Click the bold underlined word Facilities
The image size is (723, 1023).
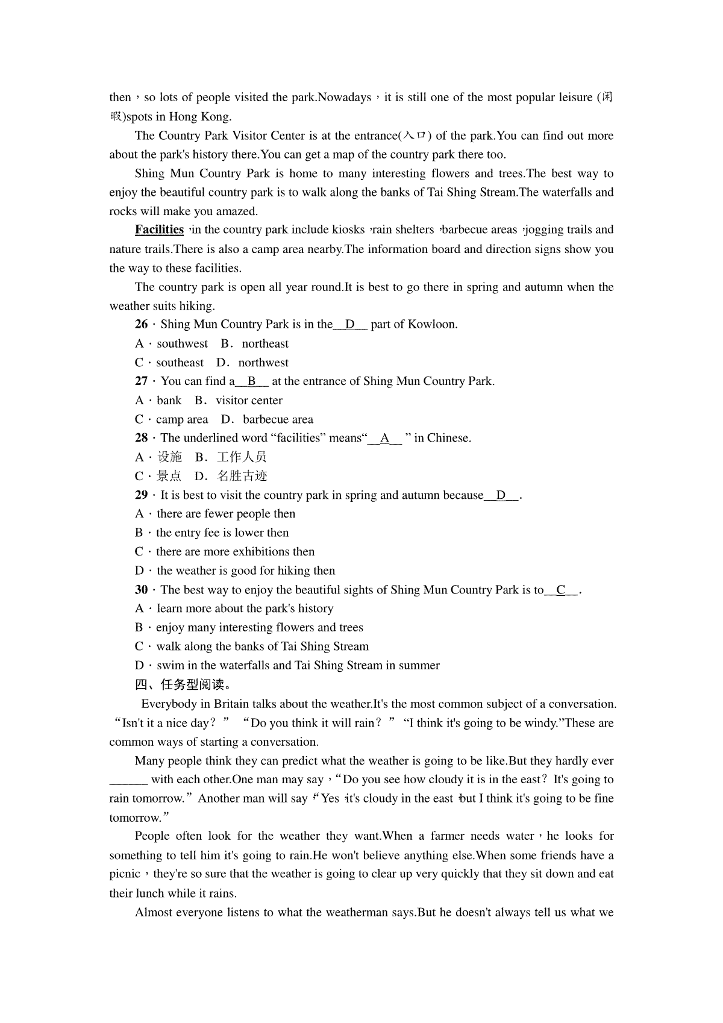point(159,230)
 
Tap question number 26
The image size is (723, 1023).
point(142,325)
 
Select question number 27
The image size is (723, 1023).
point(142,381)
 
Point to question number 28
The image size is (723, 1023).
point(142,438)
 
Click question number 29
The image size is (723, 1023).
point(142,495)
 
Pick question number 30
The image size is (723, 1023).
point(142,590)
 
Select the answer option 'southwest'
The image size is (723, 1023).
point(182,344)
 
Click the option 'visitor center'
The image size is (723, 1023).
point(249,401)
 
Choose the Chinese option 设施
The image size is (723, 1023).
point(169,457)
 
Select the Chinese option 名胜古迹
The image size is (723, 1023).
point(242,476)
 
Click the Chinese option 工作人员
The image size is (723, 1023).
point(242,457)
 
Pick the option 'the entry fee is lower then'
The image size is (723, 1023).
point(222,533)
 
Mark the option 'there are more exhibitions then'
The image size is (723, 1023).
point(235,552)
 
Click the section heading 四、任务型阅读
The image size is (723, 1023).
point(183,684)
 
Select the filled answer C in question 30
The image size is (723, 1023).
point(561,590)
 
